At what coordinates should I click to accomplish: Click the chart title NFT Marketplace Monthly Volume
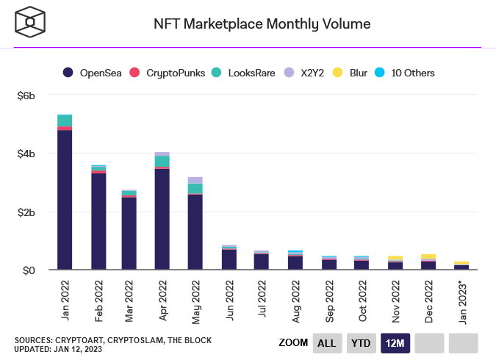coord(262,24)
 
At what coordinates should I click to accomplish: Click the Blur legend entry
coord(354,73)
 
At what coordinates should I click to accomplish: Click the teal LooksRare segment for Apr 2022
coord(162,162)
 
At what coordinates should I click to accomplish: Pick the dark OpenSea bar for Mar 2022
coord(129,234)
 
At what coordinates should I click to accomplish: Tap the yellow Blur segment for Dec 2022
coord(428,256)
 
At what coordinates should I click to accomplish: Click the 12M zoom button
coord(395,343)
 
